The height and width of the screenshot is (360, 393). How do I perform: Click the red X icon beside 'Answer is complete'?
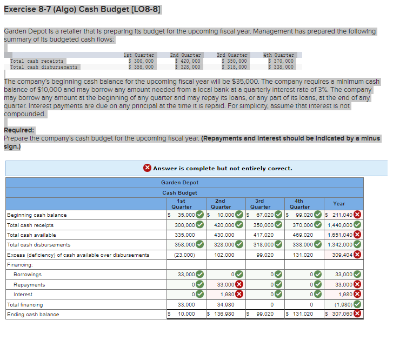147,168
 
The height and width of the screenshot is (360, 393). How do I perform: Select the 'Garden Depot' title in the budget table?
179,183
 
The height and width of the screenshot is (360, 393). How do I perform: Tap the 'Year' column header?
339,203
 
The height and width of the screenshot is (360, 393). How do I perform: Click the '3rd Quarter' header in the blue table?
261,203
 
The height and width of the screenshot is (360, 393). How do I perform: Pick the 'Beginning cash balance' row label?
37,215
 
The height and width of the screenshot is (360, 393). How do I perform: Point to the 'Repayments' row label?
29,285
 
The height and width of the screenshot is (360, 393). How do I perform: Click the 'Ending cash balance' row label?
33,315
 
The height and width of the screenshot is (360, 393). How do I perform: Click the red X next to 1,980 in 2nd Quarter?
238,295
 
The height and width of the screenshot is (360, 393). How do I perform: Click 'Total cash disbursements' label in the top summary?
44,67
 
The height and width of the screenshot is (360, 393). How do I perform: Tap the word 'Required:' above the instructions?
19,130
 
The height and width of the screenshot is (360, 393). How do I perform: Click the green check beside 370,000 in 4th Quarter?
318,225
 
